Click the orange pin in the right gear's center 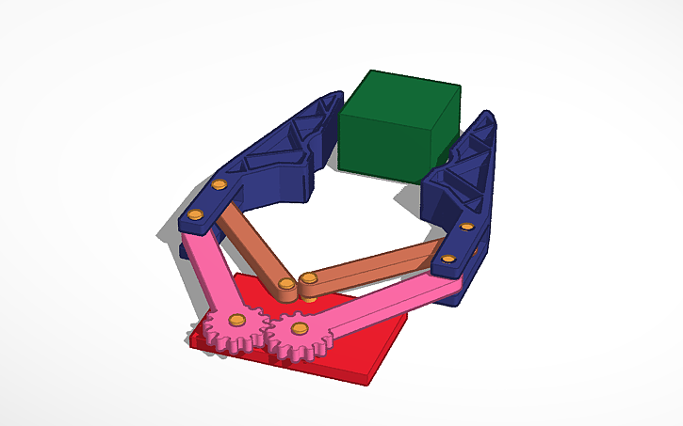pyautogui.click(x=300, y=328)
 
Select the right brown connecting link pyautogui.click(x=377, y=264)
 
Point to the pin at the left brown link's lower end pyautogui.click(x=285, y=283)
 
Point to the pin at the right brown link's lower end pyautogui.click(x=308, y=279)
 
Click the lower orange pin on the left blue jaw pyautogui.click(x=195, y=216)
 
